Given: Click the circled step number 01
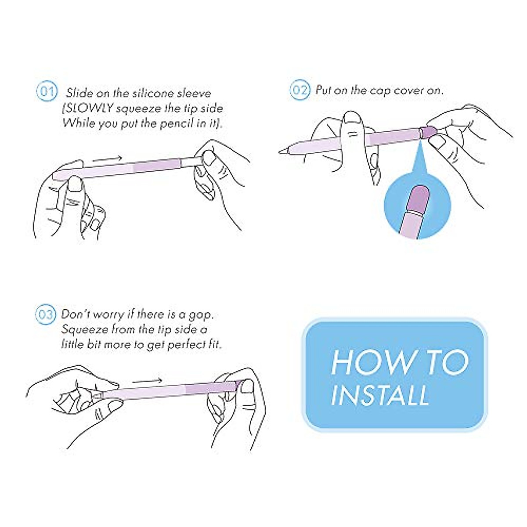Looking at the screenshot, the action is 47,91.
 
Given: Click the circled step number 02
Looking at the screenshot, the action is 300,90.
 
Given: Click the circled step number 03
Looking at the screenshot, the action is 46,314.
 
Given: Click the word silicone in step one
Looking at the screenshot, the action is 153,93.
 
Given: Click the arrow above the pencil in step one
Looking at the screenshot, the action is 107,159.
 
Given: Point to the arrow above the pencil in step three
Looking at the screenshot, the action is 147,381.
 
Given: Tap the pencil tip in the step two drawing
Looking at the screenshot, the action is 282,151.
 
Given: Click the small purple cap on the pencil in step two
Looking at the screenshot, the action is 427,132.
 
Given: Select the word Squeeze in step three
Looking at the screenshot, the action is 84,330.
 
